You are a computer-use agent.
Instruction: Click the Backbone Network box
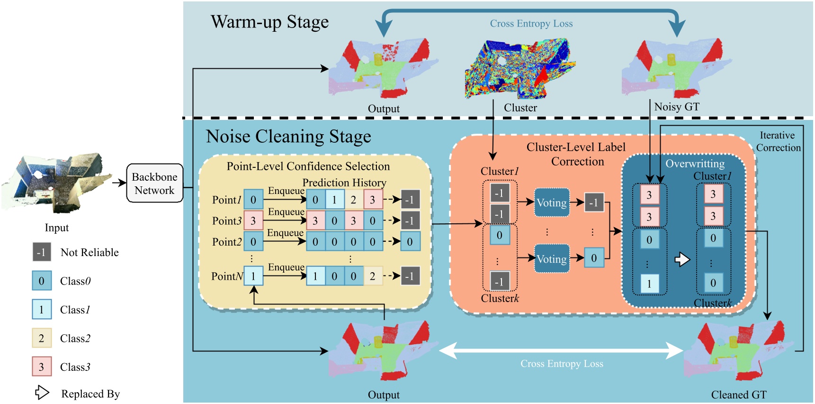click(x=154, y=184)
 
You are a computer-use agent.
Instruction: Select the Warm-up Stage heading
click(x=269, y=22)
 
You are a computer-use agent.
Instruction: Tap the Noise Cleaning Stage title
click(x=288, y=137)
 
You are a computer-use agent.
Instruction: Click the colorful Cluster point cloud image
click(x=519, y=69)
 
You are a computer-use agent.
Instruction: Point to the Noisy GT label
click(x=676, y=107)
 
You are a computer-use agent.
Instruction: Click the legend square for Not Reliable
click(x=42, y=252)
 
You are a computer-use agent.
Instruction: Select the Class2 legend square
click(x=42, y=338)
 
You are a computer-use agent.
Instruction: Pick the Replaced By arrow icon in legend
click(x=42, y=393)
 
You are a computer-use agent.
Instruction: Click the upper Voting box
click(x=551, y=203)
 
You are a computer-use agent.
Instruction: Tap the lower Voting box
click(x=551, y=259)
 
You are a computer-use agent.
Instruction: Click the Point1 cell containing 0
click(x=253, y=200)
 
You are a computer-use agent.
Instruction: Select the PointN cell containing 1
click(x=253, y=276)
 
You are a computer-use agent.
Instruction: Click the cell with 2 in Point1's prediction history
click(x=353, y=200)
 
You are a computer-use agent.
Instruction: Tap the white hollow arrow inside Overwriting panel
click(x=682, y=259)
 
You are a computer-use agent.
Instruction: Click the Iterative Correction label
click(x=778, y=142)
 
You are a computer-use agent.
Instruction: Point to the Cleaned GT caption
click(x=738, y=395)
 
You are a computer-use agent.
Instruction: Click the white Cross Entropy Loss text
click(x=562, y=364)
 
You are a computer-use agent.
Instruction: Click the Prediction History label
click(x=344, y=183)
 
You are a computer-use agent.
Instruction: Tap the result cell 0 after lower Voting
click(x=594, y=258)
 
